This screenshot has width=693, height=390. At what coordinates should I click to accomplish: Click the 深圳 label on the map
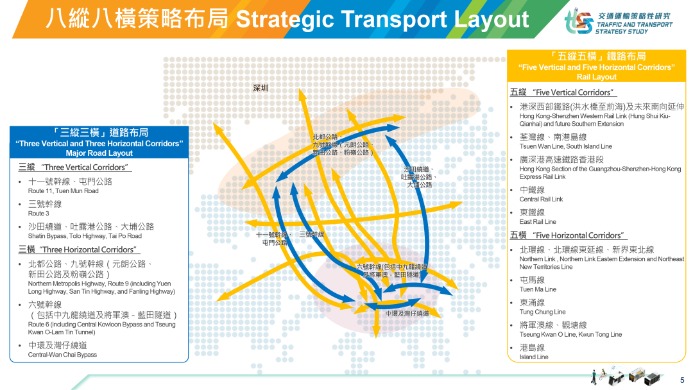(261, 88)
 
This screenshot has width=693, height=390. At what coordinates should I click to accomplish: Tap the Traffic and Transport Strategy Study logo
(619, 22)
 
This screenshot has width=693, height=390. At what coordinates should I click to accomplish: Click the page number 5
(682, 380)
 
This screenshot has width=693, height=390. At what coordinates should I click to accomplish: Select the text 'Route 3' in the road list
(38, 214)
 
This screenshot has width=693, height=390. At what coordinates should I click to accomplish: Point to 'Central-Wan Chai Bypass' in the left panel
(62, 355)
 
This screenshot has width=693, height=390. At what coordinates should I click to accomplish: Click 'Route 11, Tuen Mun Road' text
(63, 191)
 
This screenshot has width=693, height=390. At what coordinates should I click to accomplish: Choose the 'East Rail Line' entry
(538, 222)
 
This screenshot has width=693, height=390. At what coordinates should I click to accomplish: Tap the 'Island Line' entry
(533, 357)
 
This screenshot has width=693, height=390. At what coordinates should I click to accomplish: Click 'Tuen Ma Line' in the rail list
(538, 289)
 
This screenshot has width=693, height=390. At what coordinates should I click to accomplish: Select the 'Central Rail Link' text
(541, 199)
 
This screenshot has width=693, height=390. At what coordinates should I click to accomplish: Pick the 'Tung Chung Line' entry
(542, 312)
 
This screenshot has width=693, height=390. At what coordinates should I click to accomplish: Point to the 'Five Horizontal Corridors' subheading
(578, 235)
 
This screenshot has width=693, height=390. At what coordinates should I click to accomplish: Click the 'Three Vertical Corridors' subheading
(85, 167)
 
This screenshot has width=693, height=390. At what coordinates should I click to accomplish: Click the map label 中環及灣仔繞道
(407, 314)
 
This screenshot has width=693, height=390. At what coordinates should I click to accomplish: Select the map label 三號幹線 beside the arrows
(312, 235)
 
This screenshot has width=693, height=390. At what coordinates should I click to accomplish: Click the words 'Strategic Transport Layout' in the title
(382, 19)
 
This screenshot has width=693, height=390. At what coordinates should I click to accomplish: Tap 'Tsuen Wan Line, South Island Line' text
(566, 146)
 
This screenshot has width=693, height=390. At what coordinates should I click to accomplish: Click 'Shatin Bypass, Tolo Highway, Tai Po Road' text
(85, 236)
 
